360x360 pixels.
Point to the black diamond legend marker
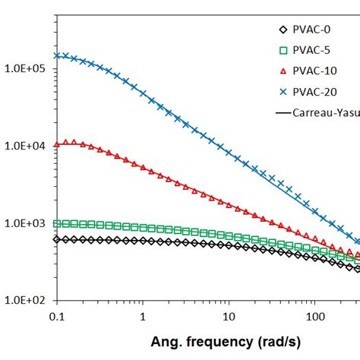click(283, 30)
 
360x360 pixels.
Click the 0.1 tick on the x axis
click(55, 315)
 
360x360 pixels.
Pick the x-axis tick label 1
click(142, 315)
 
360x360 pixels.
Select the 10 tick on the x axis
click(228, 315)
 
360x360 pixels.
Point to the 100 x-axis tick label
click(313, 315)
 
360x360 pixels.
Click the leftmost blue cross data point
click(56, 55)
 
